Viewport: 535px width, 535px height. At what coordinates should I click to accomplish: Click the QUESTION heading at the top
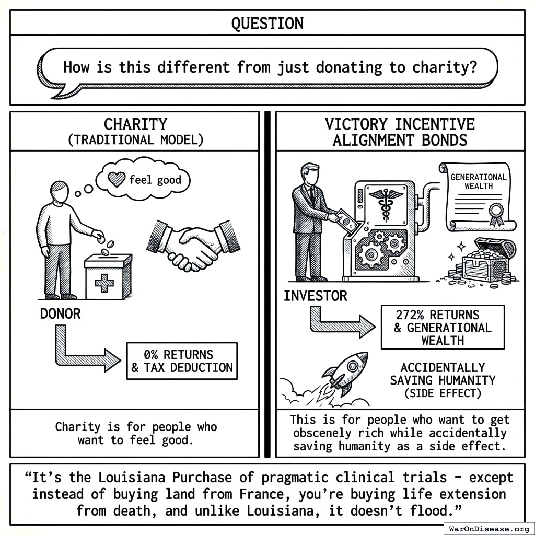[x=267, y=23]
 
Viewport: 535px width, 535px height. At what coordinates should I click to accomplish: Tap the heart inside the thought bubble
[x=115, y=180]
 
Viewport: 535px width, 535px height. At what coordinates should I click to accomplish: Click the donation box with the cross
[x=108, y=276]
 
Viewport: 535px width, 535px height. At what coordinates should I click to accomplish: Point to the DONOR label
[x=61, y=313]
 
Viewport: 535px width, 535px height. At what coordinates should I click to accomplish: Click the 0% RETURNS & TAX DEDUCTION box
[x=182, y=361]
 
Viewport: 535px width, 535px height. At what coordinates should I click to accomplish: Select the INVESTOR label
[x=315, y=296]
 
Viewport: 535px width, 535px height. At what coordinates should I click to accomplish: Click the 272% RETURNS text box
[x=443, y=328]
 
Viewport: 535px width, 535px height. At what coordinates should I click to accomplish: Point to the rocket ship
[x=345, y=372]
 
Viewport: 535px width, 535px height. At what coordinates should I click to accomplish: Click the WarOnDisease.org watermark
[x=489, y=528]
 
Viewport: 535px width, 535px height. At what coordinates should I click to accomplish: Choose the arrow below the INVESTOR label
[x=340, y=322]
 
